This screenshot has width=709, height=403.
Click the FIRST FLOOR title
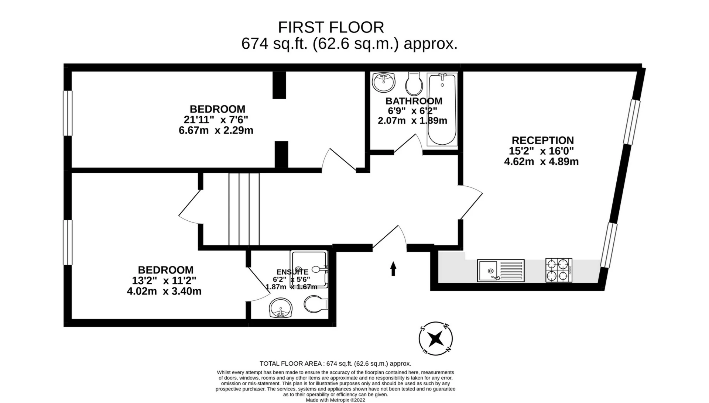(x=331, y=27)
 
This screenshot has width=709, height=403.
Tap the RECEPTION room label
(x=543, y=140)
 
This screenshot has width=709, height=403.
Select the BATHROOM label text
(x=414, y=101)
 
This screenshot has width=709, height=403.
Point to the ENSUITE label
(x=292, y=272)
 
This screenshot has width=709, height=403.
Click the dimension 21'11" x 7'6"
(x=216, y=120)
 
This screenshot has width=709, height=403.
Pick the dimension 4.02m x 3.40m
(x=164, y=291)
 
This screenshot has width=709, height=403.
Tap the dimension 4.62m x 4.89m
(x=541, y=161)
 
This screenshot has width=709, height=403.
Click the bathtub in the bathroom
(x=442, y=110)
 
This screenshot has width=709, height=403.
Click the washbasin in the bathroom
(x=384, y=82)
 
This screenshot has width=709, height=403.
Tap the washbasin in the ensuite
(x=281, y=308)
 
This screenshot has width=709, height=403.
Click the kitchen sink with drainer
(x=501, y=271)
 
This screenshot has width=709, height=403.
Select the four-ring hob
(x=559, y=270)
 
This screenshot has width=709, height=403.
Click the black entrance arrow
(x=393, y=268)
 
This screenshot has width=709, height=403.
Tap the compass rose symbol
(x=436, y=338)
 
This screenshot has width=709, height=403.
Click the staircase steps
(x=244, y=209)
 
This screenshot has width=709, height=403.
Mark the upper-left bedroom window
(x=68, y=113)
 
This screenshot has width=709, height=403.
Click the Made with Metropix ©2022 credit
(x=335, y=400)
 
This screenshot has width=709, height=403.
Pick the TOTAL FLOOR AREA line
(x=335, y=364)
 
